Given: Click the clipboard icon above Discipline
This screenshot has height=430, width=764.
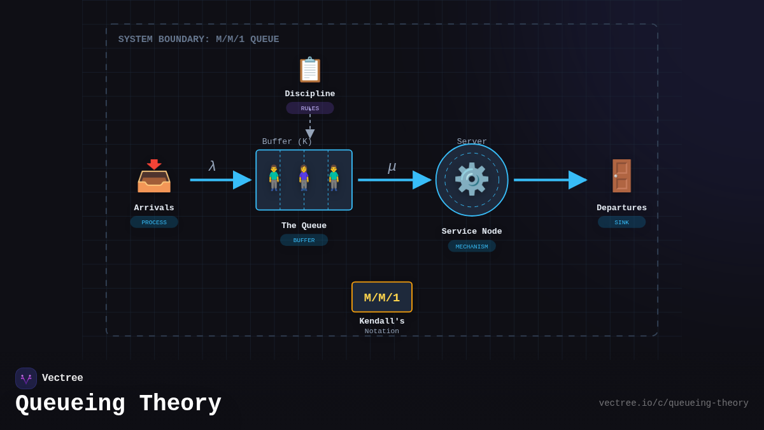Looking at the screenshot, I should [x=310, y=70].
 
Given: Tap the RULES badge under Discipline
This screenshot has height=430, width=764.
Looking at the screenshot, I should [x=310, y=108].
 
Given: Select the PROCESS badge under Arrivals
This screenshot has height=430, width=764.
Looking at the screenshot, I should [x=154, y=222].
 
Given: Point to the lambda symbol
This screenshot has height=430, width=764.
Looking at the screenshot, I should [x=212, y=166].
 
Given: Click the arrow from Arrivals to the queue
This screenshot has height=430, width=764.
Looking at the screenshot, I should [x=220, y=180].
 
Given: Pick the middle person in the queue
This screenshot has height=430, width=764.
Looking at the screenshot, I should [x=304, y=178].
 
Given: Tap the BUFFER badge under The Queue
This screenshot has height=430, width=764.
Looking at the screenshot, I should [x=304, y=240].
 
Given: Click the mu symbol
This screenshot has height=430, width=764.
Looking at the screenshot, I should [x=392, y=167].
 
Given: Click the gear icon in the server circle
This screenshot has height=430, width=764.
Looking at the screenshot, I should [x=472, y=180].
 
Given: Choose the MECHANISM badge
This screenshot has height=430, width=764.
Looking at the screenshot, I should [x=472, y=247].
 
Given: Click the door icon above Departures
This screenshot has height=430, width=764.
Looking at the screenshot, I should [x=621, y=176].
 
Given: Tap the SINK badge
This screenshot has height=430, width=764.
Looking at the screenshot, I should [x=621, y=222].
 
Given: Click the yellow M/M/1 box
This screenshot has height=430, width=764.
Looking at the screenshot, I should [x=382, y=297].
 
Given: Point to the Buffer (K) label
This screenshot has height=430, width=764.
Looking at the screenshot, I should [x=287, y=141].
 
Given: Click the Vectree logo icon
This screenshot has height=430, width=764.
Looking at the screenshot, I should [x=26, y=378].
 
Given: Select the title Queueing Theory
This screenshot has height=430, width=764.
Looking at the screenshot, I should [x=118, y=404].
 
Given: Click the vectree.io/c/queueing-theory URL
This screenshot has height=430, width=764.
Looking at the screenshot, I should [x=674, y=403].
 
